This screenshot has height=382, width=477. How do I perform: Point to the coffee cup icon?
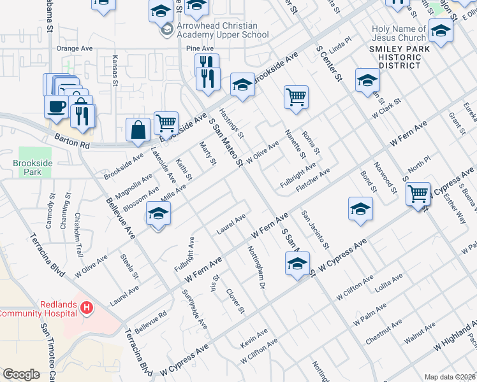pyautogui.click(x=57, y=106)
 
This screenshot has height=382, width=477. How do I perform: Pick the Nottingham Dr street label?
pyautogui.click(x=255, y=267)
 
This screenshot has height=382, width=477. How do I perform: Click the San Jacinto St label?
pyautogui.click(x=315, y=229)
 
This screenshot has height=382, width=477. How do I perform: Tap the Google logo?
pyautogui.click(x=21, y=374)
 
